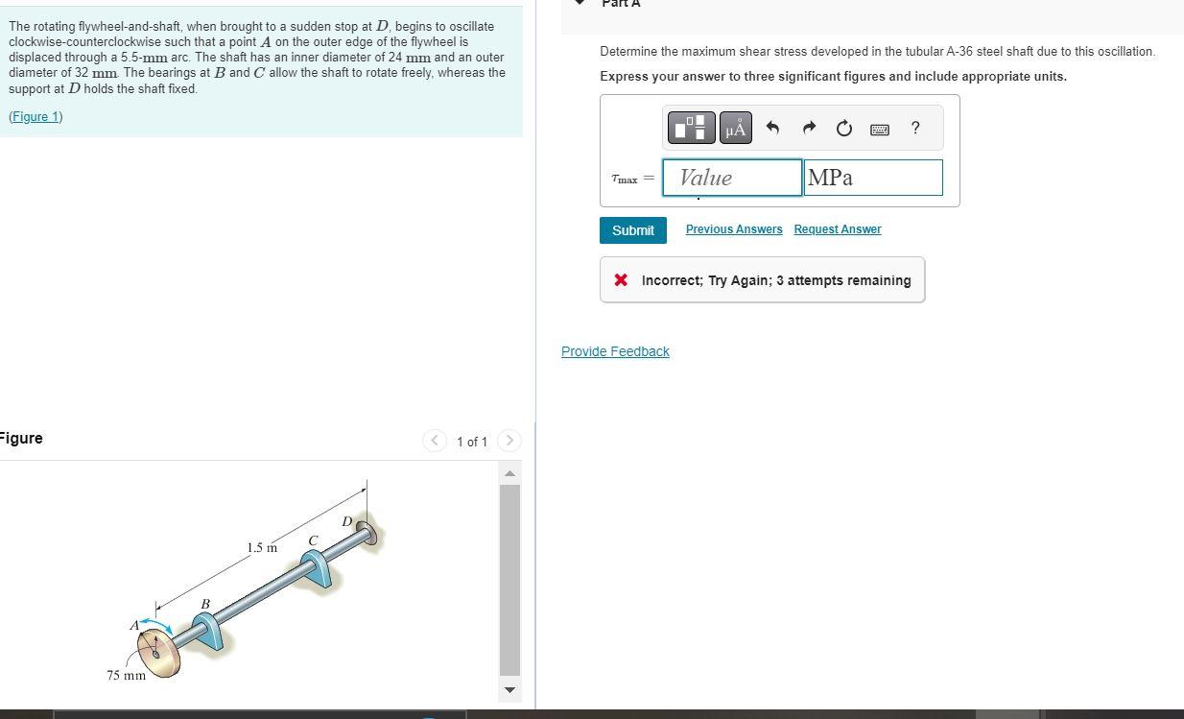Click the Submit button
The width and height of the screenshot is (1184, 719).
coord(632,230)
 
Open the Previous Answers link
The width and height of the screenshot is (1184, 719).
coord(733,229)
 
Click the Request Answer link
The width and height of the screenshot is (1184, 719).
coord(837,229)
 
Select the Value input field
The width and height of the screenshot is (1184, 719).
coord(731,178)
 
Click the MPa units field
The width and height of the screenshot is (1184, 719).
coord(872,178)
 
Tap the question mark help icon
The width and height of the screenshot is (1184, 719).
coord(914,128)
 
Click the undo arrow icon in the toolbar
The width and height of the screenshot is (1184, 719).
coord(772,128)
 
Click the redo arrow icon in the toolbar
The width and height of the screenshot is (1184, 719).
coord(808,128)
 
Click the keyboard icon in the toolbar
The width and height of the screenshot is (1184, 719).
coord(879,129)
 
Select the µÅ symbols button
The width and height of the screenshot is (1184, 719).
coord(735,128)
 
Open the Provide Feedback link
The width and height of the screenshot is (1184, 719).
coord(615,351)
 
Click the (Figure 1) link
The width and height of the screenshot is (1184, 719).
coord(36,116)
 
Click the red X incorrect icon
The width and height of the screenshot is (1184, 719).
coord(621,280)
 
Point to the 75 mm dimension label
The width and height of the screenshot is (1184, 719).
coord(126,675)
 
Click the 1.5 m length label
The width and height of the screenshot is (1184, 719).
coord(261,548)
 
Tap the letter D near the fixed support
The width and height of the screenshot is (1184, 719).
coord(346,521)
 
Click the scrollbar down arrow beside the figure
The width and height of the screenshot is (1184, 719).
coord(509,689)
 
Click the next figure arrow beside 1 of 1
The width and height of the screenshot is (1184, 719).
coord(509,441)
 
